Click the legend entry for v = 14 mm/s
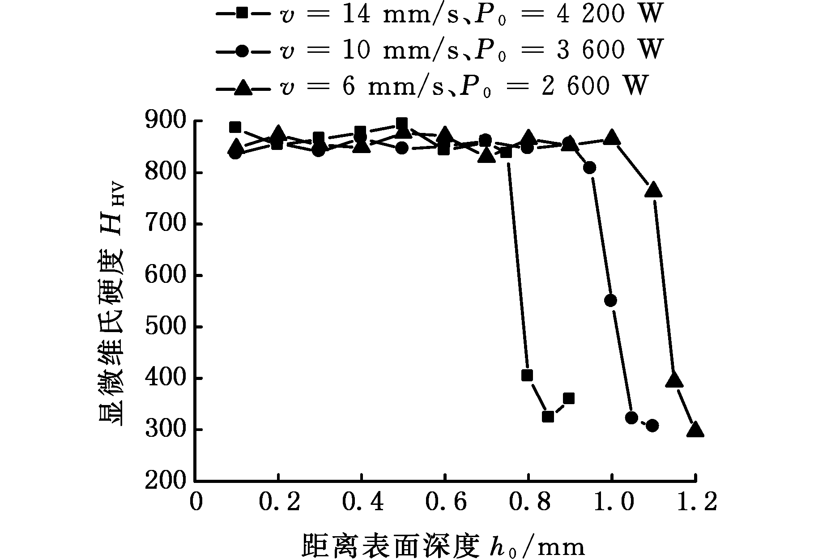tap(439, 14)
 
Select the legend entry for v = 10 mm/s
tap(439, 50)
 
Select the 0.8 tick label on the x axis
tap(528, 503)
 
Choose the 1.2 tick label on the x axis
tap(695, 503)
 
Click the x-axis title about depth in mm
tap(443, 545)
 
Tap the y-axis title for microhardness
tap(111, 304)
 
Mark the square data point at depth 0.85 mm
tap(548, 417)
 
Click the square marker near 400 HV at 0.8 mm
tap(527, 375)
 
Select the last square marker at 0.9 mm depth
tap(569, 398)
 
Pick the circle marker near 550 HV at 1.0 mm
tap(610, 300)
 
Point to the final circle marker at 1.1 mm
tap(652, 425)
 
